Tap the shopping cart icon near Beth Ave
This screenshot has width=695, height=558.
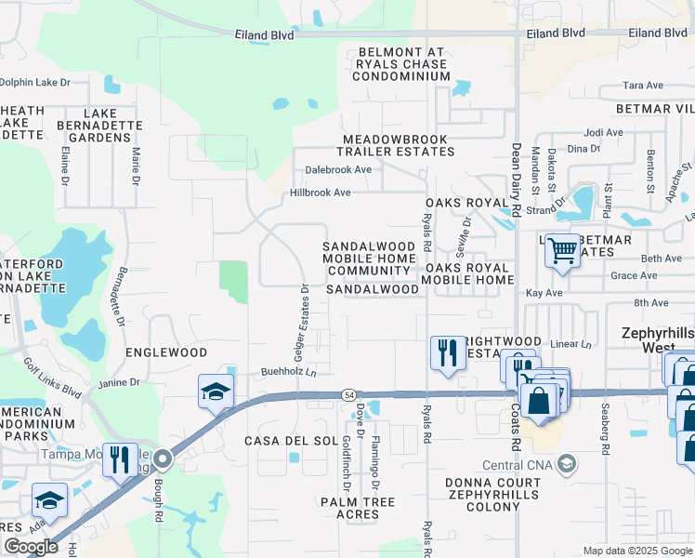click(x=562, y=250)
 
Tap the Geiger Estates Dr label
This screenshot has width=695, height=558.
click(x=303, y=320)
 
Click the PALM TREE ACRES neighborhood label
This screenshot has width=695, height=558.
click(x=358, y=508)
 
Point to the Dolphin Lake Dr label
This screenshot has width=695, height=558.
click(x=35, y=82)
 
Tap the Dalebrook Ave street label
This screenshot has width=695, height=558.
click(x=338, y=170)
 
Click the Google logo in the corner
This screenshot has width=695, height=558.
click(x=31, y=547)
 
